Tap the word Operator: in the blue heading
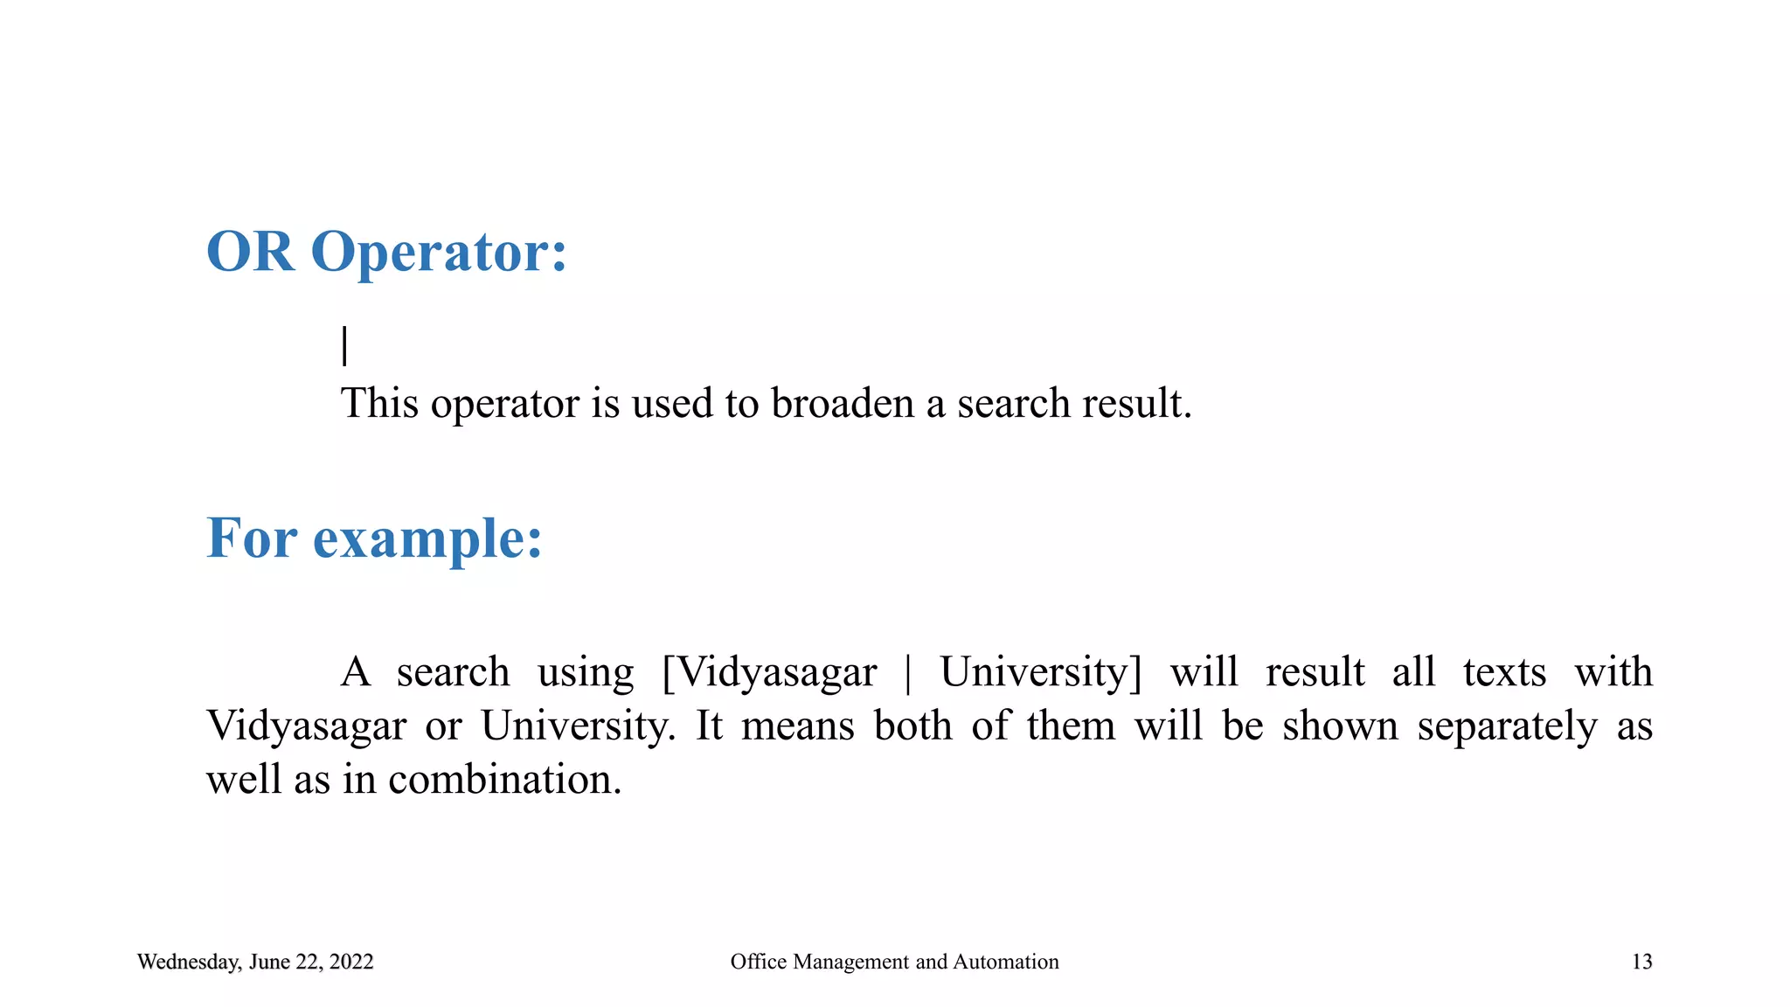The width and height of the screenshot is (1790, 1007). pyautogui.click(x=439, y=253)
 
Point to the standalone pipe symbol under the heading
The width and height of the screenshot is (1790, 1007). pyautogui.click(x=345, y=345)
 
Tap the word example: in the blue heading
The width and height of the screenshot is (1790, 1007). pyautogui.click(x=427, y=538)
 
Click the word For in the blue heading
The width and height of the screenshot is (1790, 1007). pyautogui.click(x=252, y=538)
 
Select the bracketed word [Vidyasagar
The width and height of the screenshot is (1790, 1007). pyautogui.click(x=769, y=673)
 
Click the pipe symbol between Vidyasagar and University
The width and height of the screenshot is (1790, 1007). pyautogui.click(x=908, y=673)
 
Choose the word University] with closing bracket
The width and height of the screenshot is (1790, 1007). pyautogui.click(x=1041, y=673)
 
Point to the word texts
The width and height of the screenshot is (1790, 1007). pyautogui.click(x=1504, y=673)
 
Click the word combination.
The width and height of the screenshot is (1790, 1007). pyautogui.click(x=504, y=780)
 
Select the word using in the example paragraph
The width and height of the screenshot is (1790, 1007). pyautogui.click(x=586, y=673)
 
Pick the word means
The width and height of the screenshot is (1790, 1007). pyautogui.click(x=797, y=726)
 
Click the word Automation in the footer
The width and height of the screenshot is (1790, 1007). pyautogui.click(x=1005, y=962)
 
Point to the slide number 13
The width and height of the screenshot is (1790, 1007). pyautogui.click(x=1641, y=962)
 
